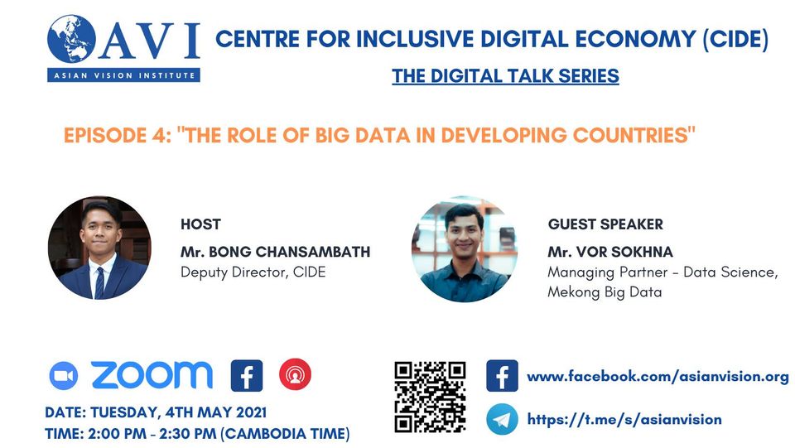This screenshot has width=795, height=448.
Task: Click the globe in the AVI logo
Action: (x=71, y=39)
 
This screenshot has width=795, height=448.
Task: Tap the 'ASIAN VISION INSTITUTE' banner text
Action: (x=124, y=75)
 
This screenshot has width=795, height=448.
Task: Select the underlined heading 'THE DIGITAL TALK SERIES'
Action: (x=505, y=76)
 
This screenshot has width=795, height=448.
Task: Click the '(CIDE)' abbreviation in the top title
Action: (x=735, y=39)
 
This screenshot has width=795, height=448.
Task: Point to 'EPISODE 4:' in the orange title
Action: (x=117, y=135)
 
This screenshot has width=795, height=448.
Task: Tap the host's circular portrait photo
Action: (x=99, y=248)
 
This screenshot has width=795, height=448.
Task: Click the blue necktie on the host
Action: (x=100, y=282)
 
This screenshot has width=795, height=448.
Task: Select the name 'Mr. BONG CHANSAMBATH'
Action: (x=275, y=252)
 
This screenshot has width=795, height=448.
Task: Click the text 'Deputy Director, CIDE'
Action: (x=253, y=272)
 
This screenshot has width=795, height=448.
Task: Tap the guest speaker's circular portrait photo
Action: (x=465, y=249)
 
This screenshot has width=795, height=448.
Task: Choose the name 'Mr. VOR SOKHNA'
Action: (x=610, y=252)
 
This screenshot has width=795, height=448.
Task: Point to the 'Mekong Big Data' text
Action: (x=605, y=292)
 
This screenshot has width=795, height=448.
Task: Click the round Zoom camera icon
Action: (x=64, y=376)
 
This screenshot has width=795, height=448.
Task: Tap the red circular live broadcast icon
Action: (x=295, y=374)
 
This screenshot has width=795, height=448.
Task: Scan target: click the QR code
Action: (x=430, y=397)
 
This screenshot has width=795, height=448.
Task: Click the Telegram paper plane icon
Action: (x=502, y=420)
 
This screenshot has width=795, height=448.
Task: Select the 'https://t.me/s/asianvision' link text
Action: (x=624, y=420)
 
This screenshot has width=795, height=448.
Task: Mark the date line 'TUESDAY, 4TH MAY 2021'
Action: (x=179, y=412)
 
